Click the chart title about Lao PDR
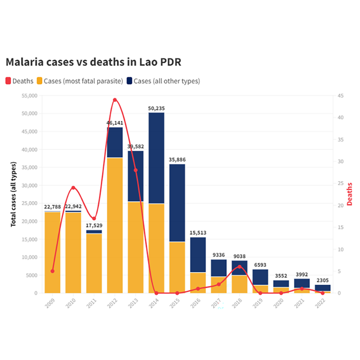point(93,63)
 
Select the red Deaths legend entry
point(19,81)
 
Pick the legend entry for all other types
point(164,81)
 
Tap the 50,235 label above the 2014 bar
point(156,108)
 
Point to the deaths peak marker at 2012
point(115,100)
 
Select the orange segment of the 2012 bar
point(115,225)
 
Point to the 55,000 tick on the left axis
point(29,96)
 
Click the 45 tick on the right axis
point(340,96)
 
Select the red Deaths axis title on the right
point(350,194)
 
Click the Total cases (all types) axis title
point(14,194)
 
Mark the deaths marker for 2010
point(73,188)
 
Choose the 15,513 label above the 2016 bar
point(198,232)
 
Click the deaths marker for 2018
point(240,267)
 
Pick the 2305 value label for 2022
point(322,280)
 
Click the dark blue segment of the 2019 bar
point(260,277)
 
